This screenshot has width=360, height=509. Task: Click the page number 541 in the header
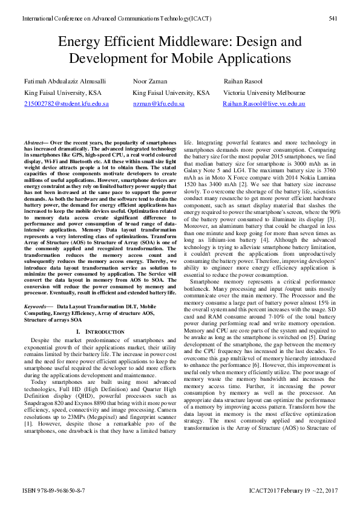[332, 19]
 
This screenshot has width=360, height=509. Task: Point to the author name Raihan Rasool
[244, 80]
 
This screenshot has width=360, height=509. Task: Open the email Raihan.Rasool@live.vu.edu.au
[264, 104]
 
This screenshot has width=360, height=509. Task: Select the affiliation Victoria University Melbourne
[264, 92]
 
